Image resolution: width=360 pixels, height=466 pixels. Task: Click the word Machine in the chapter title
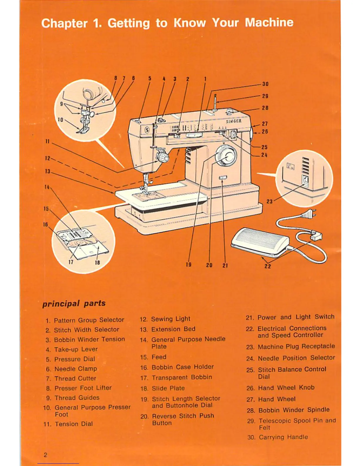tap(269, 23)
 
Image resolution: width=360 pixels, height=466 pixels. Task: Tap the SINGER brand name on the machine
tap(234, 121)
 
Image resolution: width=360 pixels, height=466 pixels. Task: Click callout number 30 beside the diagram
tap(265, 84)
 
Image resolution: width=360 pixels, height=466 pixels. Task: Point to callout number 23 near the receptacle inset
tap(269, 202)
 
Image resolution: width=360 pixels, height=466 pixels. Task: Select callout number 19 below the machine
tap(189, 264)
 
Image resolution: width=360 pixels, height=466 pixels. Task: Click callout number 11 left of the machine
tap(47, 142)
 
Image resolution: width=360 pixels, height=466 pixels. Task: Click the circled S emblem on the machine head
tap(147, 130)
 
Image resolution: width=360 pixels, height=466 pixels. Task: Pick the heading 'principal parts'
tap(74, 303)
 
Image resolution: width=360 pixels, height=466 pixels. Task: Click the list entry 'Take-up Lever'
tap(76, 349)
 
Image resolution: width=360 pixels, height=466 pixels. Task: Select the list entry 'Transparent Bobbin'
tap(182, 377)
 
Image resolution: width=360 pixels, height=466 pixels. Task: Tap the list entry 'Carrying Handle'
tap(283, 437)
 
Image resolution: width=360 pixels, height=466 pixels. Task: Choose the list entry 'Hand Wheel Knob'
tap(286, 388)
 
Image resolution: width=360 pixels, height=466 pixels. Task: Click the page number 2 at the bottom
tap(45, 455)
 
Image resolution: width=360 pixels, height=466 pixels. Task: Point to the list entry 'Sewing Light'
tap(171, 319)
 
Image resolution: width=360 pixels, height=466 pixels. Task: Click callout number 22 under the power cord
tap(268, 266)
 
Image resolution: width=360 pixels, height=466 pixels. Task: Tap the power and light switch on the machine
tap(223, 177)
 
